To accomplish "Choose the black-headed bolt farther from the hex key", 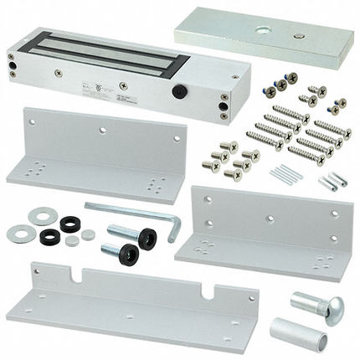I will pyautogui.click(x=117, y=249).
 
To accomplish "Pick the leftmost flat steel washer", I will pyautogui.click(x=20, y=234).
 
